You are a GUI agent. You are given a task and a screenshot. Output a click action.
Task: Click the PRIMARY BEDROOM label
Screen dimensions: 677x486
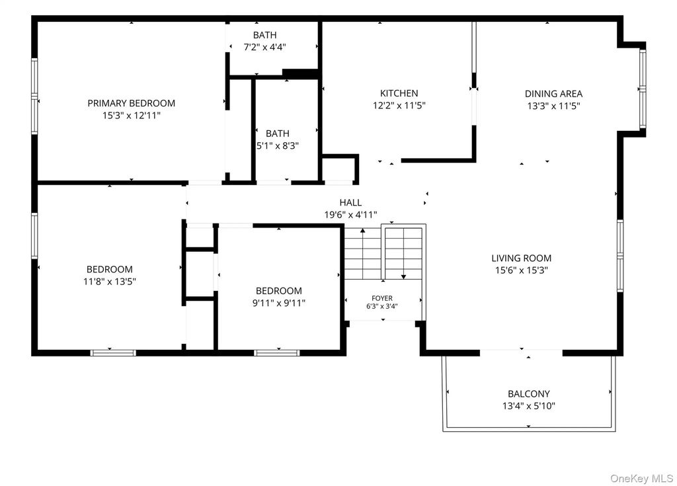[132, 103]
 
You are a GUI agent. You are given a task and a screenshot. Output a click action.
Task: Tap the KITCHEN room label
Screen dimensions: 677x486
[399, 93]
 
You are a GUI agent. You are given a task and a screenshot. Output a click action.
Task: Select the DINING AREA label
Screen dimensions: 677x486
[553, 94]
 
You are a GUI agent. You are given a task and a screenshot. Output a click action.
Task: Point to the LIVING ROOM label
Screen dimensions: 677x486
[521, 259]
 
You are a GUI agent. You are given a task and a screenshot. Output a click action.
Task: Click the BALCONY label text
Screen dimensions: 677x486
[528, 394]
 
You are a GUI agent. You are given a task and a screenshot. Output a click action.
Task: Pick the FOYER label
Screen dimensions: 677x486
[382, 298]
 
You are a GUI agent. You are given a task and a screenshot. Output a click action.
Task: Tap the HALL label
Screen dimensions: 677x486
[350, 202]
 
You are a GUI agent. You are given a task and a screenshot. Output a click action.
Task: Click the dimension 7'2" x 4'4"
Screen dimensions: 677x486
[264, 47]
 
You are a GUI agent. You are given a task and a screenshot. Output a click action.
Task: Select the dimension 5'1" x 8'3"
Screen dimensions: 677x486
[278, 146]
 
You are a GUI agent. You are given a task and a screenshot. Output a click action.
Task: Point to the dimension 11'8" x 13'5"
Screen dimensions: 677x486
[110, 282]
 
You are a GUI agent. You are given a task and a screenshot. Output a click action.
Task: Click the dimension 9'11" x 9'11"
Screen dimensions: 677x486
[279, 304]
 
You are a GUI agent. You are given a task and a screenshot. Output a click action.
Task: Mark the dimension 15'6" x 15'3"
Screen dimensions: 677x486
[521, 270]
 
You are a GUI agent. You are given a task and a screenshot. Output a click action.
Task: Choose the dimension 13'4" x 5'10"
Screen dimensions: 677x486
[528, 406]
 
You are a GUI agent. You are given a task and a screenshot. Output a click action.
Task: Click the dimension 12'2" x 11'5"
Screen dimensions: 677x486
[399, 105]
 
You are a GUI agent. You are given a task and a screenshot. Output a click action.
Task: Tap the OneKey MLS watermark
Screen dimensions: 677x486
[641, 478]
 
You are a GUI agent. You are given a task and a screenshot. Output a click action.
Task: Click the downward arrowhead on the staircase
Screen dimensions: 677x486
[403, 276]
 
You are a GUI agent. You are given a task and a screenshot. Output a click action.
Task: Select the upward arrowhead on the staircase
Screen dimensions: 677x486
[363, 231]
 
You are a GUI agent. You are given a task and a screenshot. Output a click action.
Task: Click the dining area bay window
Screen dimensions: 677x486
[643, 89]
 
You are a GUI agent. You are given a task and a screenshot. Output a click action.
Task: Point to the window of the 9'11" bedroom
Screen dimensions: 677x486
[277, 353]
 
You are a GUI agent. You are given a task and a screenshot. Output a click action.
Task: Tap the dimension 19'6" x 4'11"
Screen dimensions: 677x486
[350, 215]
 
